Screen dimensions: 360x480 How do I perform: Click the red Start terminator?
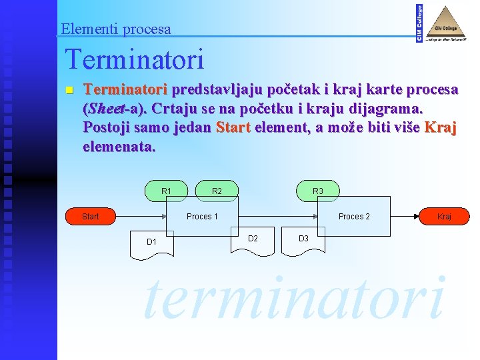tap(91, 216)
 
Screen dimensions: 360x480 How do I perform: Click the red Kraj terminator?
tap(445, 216)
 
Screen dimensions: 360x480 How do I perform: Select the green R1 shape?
tap(167, 191)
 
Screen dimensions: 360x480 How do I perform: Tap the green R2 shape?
tap(217, 191)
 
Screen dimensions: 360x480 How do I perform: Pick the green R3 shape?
tap(318, 191)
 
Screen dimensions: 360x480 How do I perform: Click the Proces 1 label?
tap(203, 216)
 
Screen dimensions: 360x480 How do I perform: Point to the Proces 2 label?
tap(354, 216)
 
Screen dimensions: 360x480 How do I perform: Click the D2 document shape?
tap(253, 239)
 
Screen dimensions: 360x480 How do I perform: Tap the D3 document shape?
tap(303, 239)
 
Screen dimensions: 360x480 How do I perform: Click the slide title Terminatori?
tap(134, 60)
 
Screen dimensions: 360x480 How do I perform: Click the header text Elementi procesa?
tap(116, 29)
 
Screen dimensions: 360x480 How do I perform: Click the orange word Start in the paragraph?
tap(233, 127)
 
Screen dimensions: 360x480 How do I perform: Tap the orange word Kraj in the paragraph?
tap(441, 127)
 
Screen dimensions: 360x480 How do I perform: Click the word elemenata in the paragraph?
tap(119, 145)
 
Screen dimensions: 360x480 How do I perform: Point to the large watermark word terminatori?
tap(293, 297)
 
